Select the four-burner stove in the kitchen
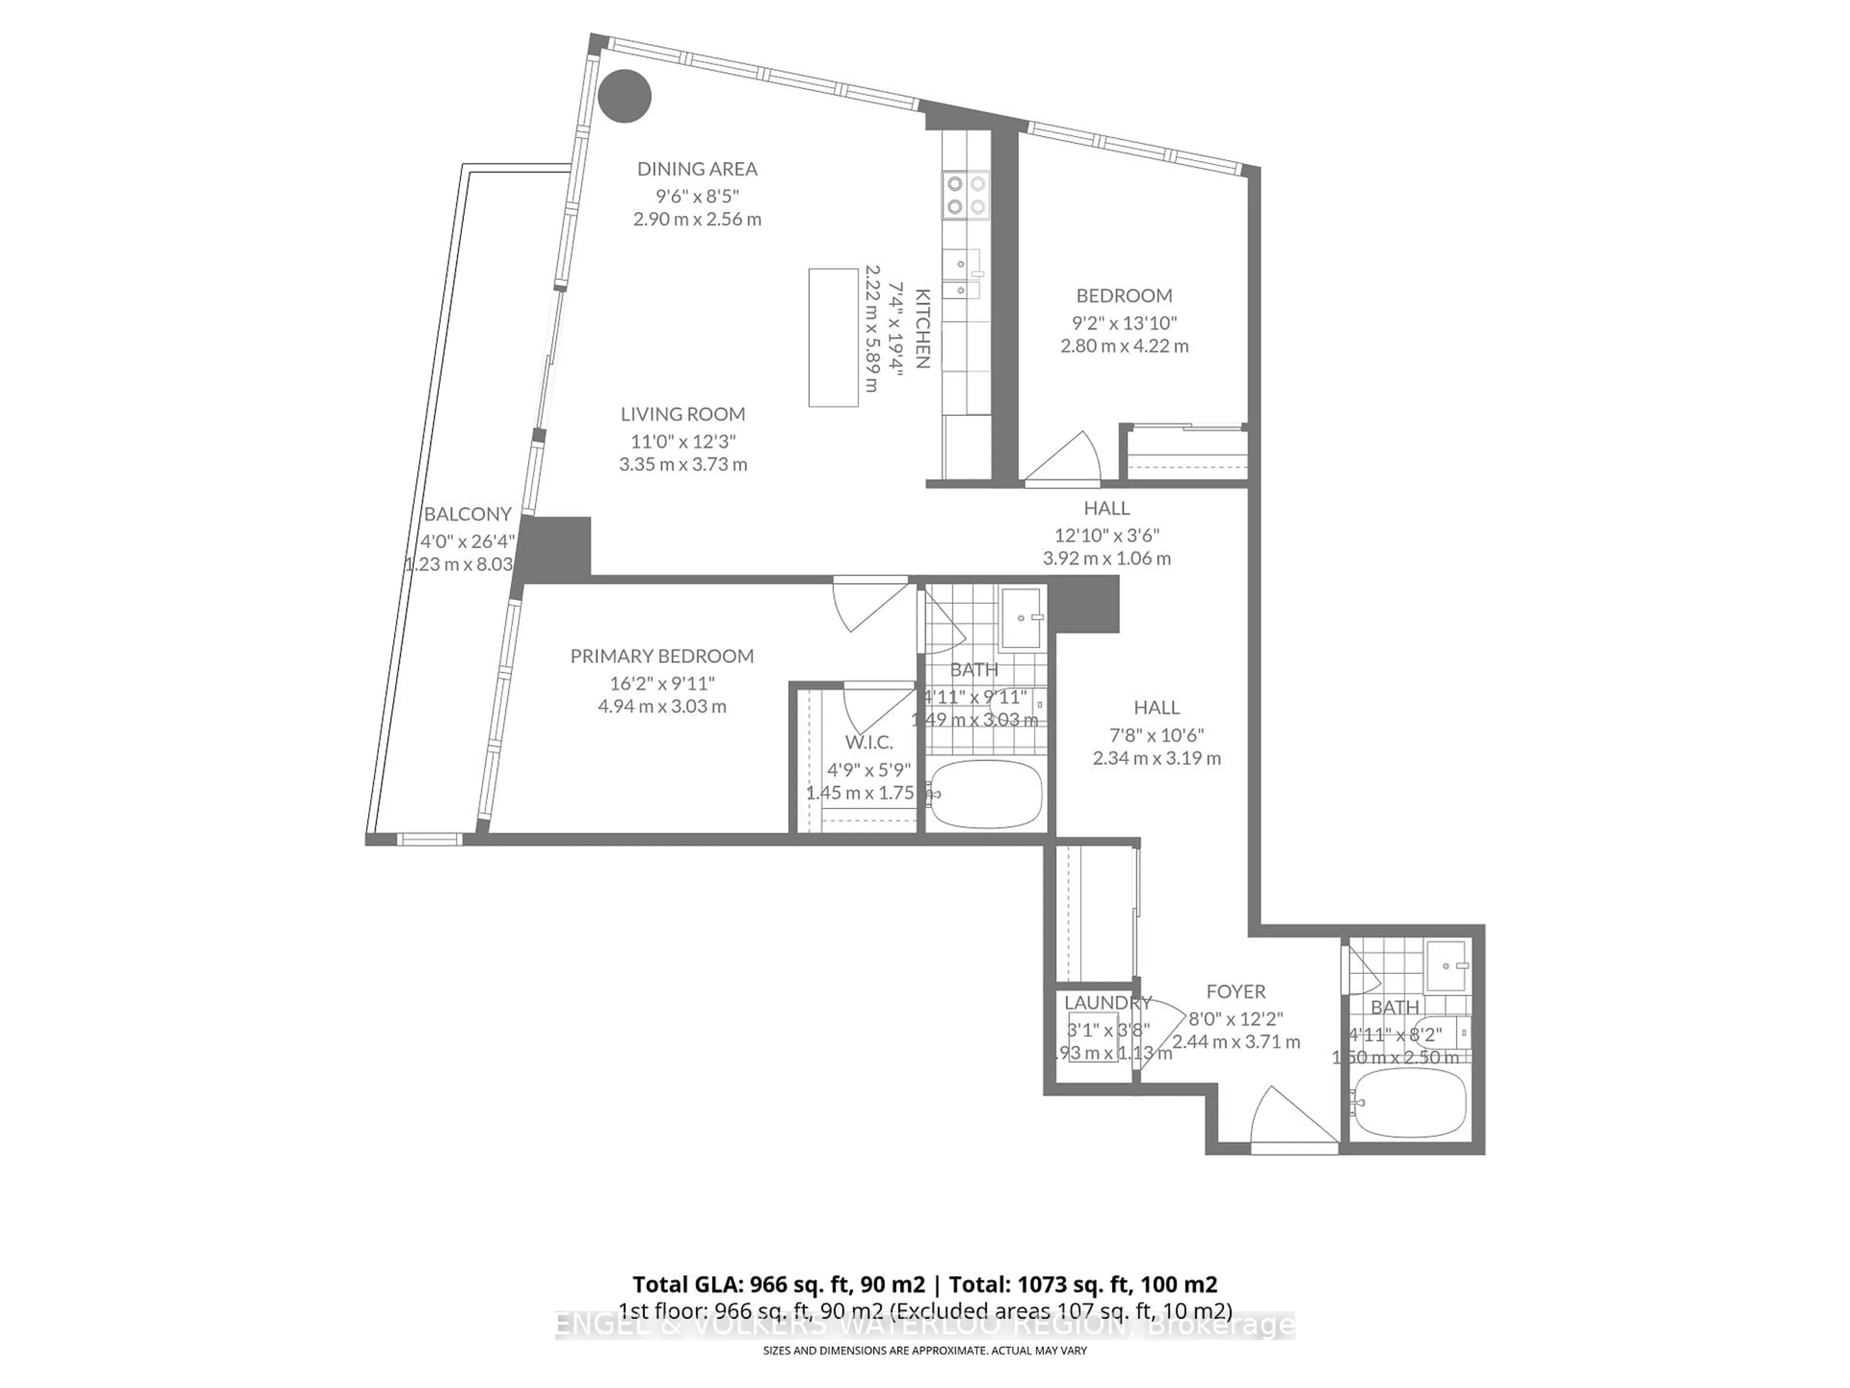click(x=966, y=195)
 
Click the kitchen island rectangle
click(x=833, y=337)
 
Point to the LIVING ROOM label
click(x=683, y=414)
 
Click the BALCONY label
click(x=467, y=514)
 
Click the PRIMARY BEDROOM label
click(x=661, y=656)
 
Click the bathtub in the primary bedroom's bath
click(x=987, y=793)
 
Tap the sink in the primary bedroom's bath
click(x=1021, y=617)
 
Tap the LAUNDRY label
click(x=1107, y=1002)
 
